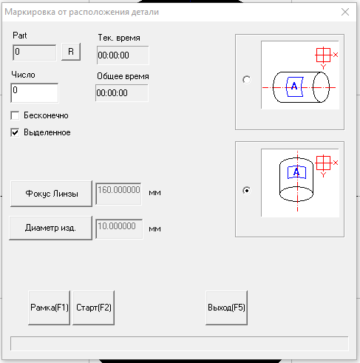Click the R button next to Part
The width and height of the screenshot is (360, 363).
pyautogui.click(x=71, y=52)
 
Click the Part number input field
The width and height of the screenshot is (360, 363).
pyautogui.click(x=35, y=52)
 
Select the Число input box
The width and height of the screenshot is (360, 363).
pyautogui.click(x=35, y=92)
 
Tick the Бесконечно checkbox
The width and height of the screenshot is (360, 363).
pyautogui.click(x=15, y=115)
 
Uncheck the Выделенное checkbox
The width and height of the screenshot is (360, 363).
pyautogui.click(x=15, y=132)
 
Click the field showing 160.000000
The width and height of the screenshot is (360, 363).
pyautogui.click(x=119, y=194)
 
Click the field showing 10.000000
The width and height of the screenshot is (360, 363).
pyautogui.click(x=119, y=228)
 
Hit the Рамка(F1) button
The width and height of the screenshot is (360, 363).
pyautogui.click(x=50, y=308)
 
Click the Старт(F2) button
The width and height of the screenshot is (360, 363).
pyautogui.click(x=94, y=308)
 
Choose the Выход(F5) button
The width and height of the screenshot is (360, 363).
pyautogui.click(x=226, y=308)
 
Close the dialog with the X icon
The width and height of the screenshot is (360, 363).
pyautogui.click(x=345, y=12)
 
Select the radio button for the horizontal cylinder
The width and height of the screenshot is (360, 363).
pyautogui.click(x=247, y=80)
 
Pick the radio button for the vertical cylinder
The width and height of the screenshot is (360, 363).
pyautogui.click(x=247, y=191)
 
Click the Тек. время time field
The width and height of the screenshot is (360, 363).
pyautogui.click(x=123, y=55)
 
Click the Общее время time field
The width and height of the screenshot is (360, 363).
pyautogui.click(x=122, y=93)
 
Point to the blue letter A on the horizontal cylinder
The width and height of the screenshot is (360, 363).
pyautogui.click(x=294, y=86)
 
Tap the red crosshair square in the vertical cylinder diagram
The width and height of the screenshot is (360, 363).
pyautogui.click(x=323, y=163)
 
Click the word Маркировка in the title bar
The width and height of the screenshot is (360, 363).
pyautogui.click(x=30, y=12)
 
